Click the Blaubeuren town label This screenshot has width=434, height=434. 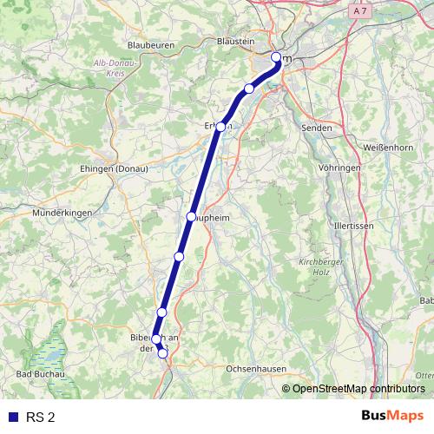point(151,44)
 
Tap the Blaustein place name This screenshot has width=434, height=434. point(236,41)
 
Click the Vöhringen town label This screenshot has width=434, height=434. point(339,167)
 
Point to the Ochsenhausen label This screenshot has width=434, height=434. point(255,369)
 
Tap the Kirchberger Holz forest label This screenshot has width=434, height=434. point(312,266)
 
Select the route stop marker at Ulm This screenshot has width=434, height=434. point(276,58)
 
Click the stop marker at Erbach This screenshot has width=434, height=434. point(221,127)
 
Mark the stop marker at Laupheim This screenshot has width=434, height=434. point(191,216)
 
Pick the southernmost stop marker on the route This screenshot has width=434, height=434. point(162,352)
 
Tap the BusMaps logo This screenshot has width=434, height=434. point(392,417)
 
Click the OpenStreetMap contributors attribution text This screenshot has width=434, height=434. point(358,388)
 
